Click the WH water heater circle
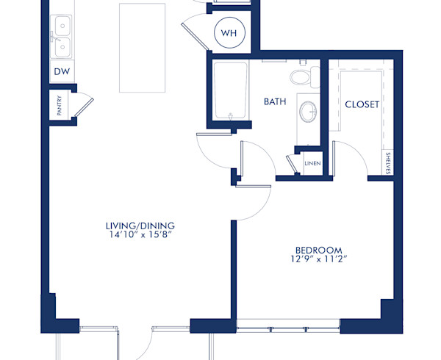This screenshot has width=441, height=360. click(230, 32)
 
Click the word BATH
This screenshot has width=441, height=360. click(275, 102)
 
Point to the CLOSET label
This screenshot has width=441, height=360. click(362, 104)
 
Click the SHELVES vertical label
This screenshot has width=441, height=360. click(388, 163)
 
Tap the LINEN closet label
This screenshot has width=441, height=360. click(312, 164)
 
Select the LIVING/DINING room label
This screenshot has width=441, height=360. click(139, 225)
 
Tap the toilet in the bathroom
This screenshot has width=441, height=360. click(301, 76)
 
